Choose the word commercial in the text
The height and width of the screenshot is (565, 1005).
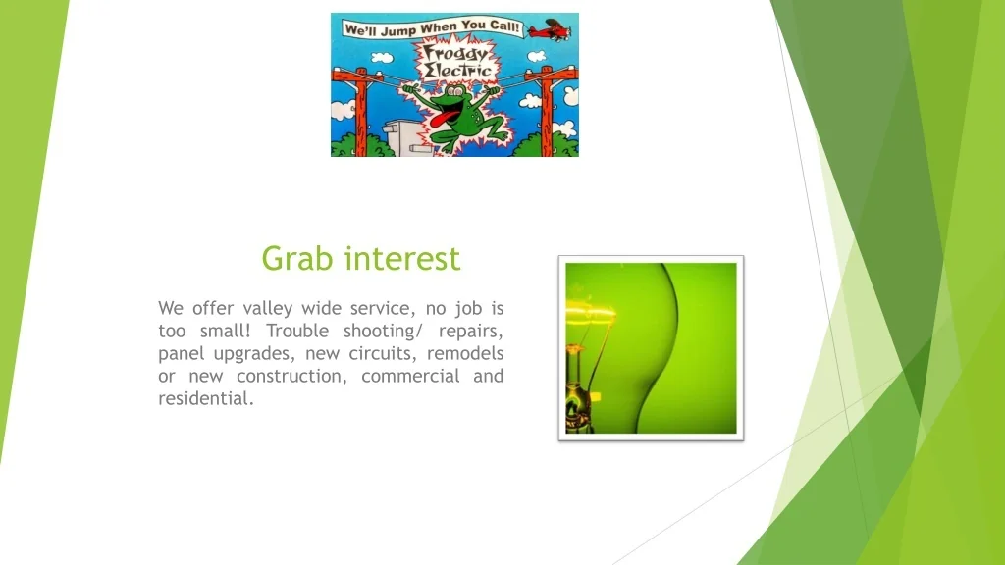click(410, 376)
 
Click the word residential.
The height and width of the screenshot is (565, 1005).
click(205, 398)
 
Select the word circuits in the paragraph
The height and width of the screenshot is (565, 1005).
click(383, 353)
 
